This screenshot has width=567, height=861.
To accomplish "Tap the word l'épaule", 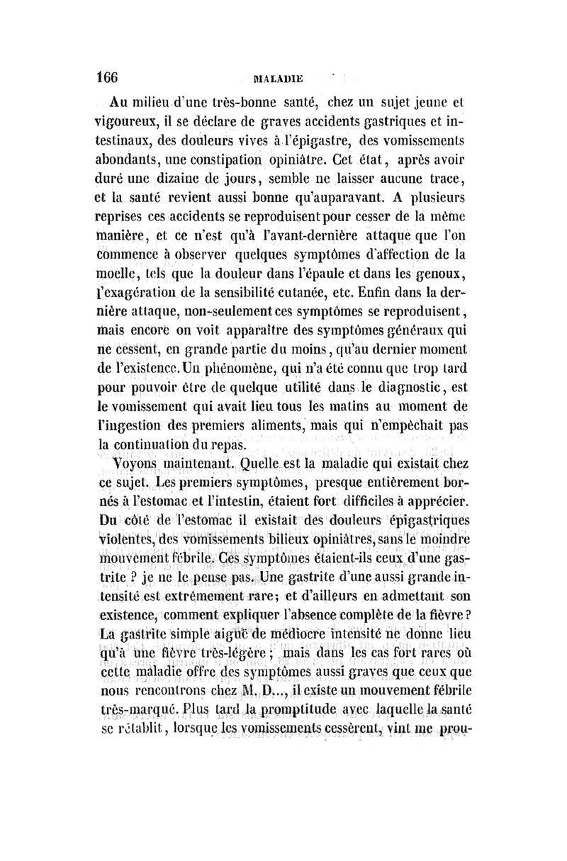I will click(350, 291).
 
